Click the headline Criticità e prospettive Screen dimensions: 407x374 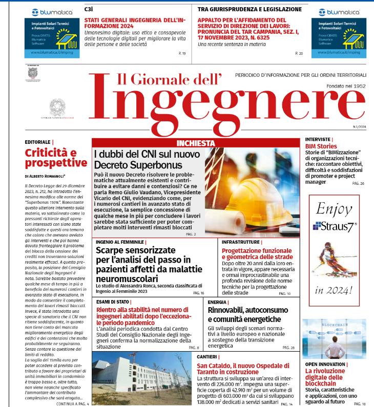tap(56, 157)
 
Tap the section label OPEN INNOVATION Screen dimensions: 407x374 tap(324, 364)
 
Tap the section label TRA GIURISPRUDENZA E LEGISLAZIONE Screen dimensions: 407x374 tap(250, 9)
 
